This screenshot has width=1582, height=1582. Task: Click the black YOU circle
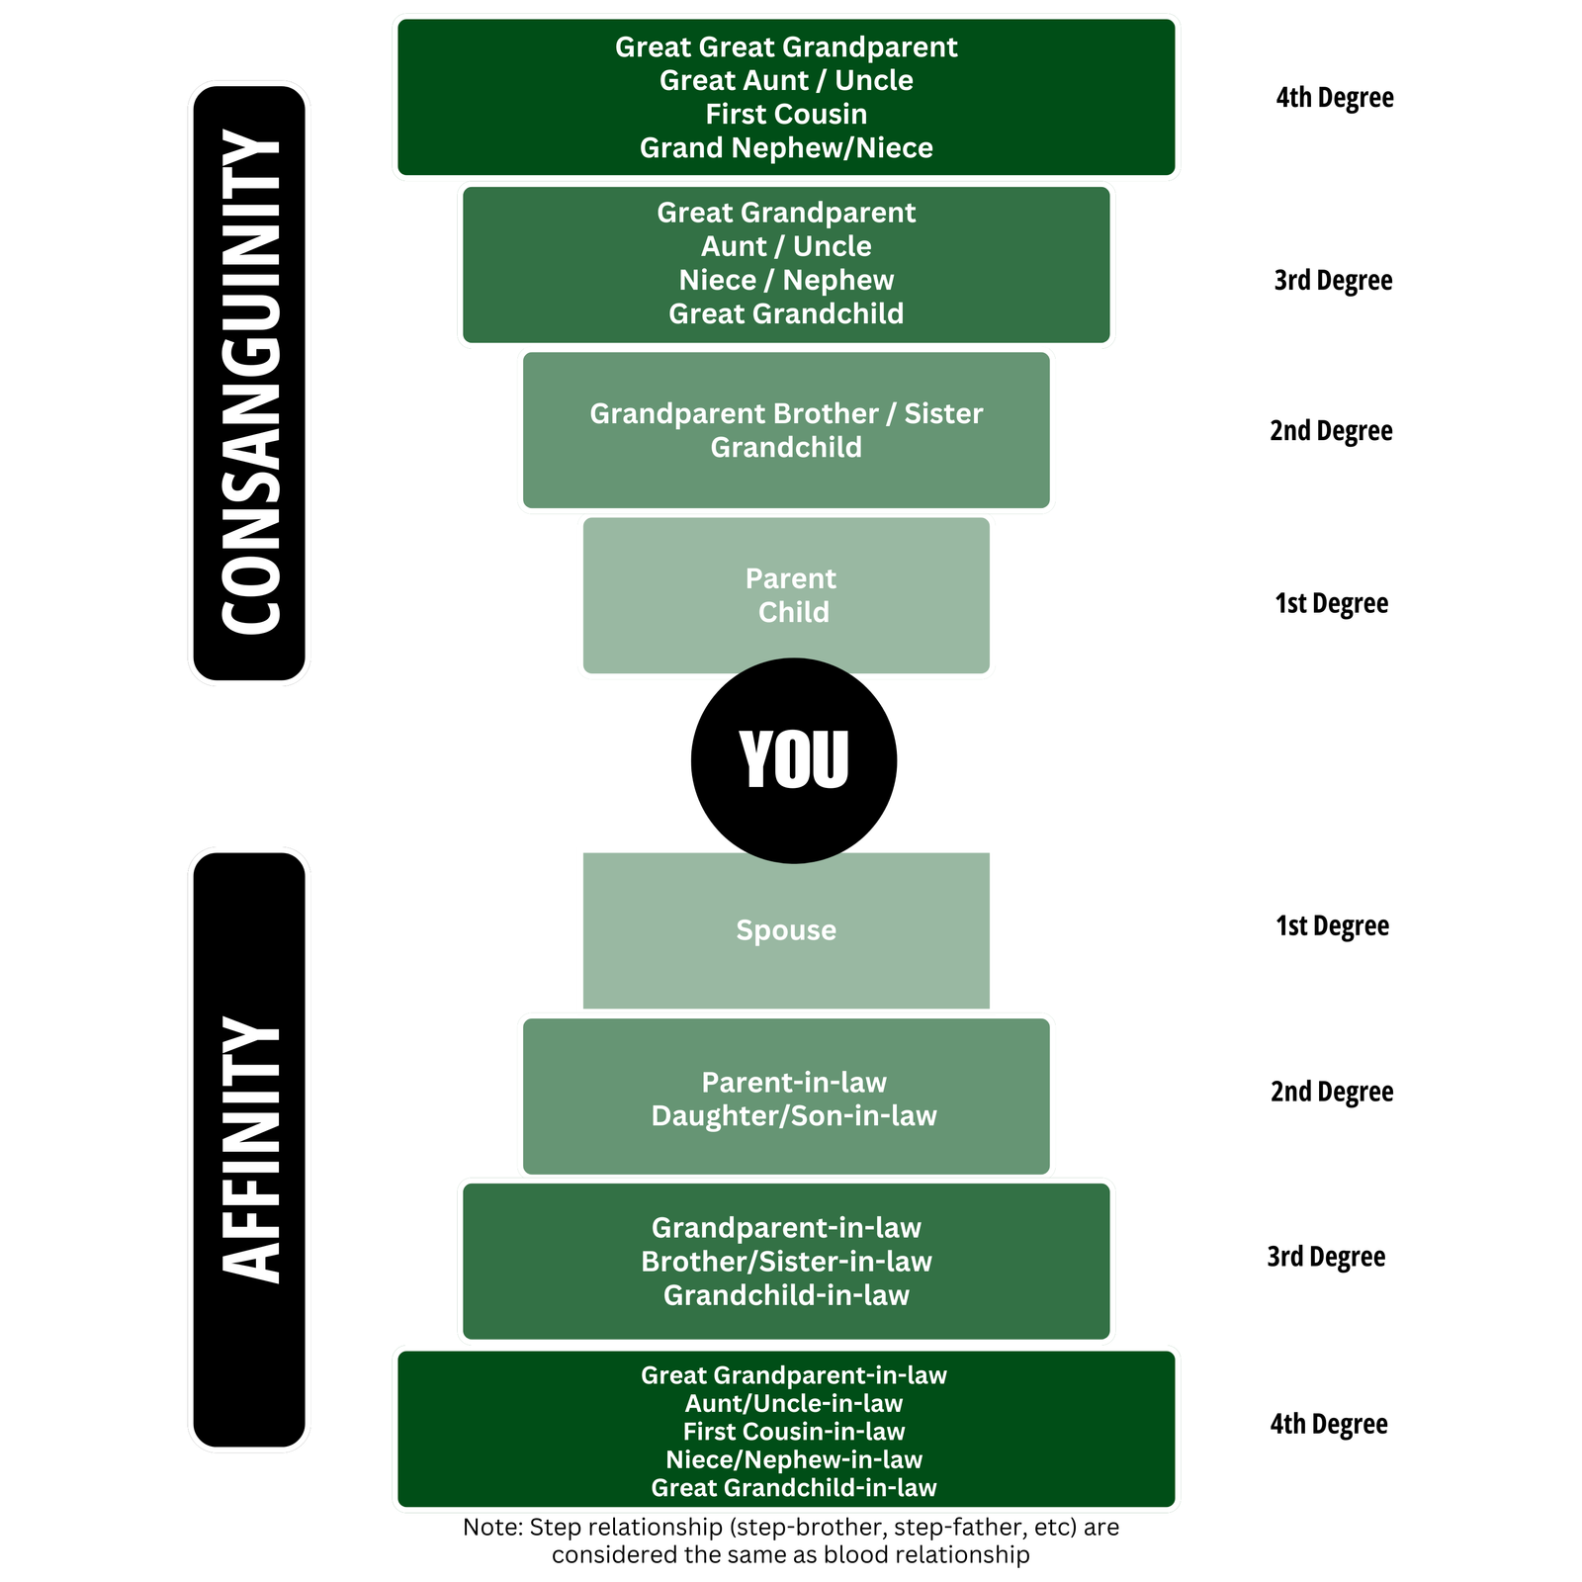(x=793, y=760)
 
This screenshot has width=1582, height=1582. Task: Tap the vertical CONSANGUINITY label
(x=250, y=383)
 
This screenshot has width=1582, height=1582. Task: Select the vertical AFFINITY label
(x=250, y=1150)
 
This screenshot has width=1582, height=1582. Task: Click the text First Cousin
(x=786, y=114)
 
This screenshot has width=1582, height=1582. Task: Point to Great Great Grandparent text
(x=786, y=47)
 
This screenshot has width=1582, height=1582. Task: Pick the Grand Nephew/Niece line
(x=786, y=147)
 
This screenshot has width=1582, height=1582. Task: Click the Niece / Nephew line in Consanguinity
(x=786, y=280)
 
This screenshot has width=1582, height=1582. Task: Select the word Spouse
(x=786, y=930)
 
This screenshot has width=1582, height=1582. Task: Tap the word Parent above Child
(x=790, y=578)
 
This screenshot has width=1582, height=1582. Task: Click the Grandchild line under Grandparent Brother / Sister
(x=786, y=447)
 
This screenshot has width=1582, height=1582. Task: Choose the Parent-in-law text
(x=794, y=1083)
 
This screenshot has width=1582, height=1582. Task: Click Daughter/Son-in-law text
(x=794, y=1116)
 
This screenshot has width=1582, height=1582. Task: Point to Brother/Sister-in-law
(x=786, y=1262)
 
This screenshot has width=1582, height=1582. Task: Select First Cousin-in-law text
(x=794, y=1432)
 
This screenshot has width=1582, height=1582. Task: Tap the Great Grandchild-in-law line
(x=794, y=1488)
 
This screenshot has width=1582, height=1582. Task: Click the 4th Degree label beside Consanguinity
(x=1335, y=98)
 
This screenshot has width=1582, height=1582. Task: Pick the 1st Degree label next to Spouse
(x=1332, y=925)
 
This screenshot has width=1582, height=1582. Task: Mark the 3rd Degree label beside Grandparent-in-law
(x=1326, y=1257)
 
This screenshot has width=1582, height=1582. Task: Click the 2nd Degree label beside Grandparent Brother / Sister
(x=1331, y=431)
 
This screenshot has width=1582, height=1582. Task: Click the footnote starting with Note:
(x=791, y=1540)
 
